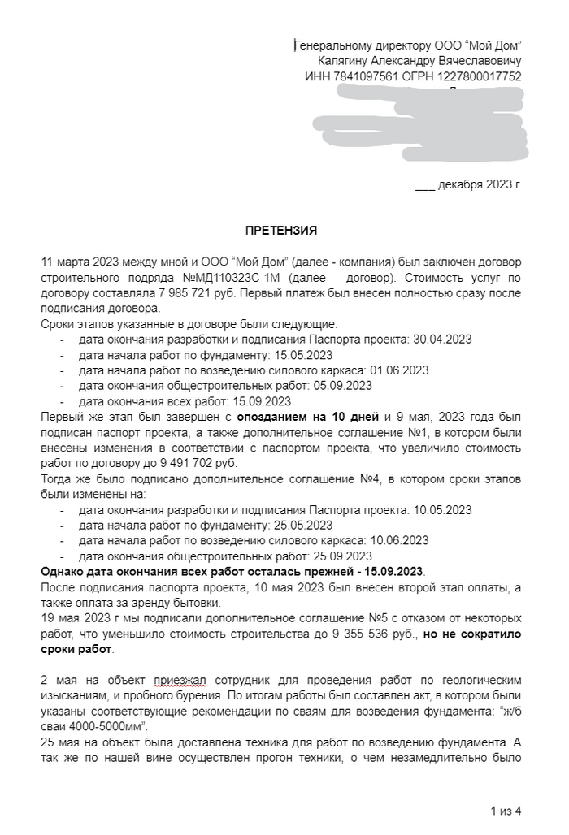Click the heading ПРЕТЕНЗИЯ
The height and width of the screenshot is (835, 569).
tap(282, 231)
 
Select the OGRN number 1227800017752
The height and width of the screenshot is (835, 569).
tap(480, 76)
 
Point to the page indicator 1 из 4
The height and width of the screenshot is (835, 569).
tap(506, 810)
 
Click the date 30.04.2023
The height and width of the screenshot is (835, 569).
tap(443, 340)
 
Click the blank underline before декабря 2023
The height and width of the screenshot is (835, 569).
tap(425, 184)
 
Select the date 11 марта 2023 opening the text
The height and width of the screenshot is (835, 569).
tap(78, 262)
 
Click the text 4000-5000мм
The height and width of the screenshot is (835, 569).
tap(111, 727)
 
